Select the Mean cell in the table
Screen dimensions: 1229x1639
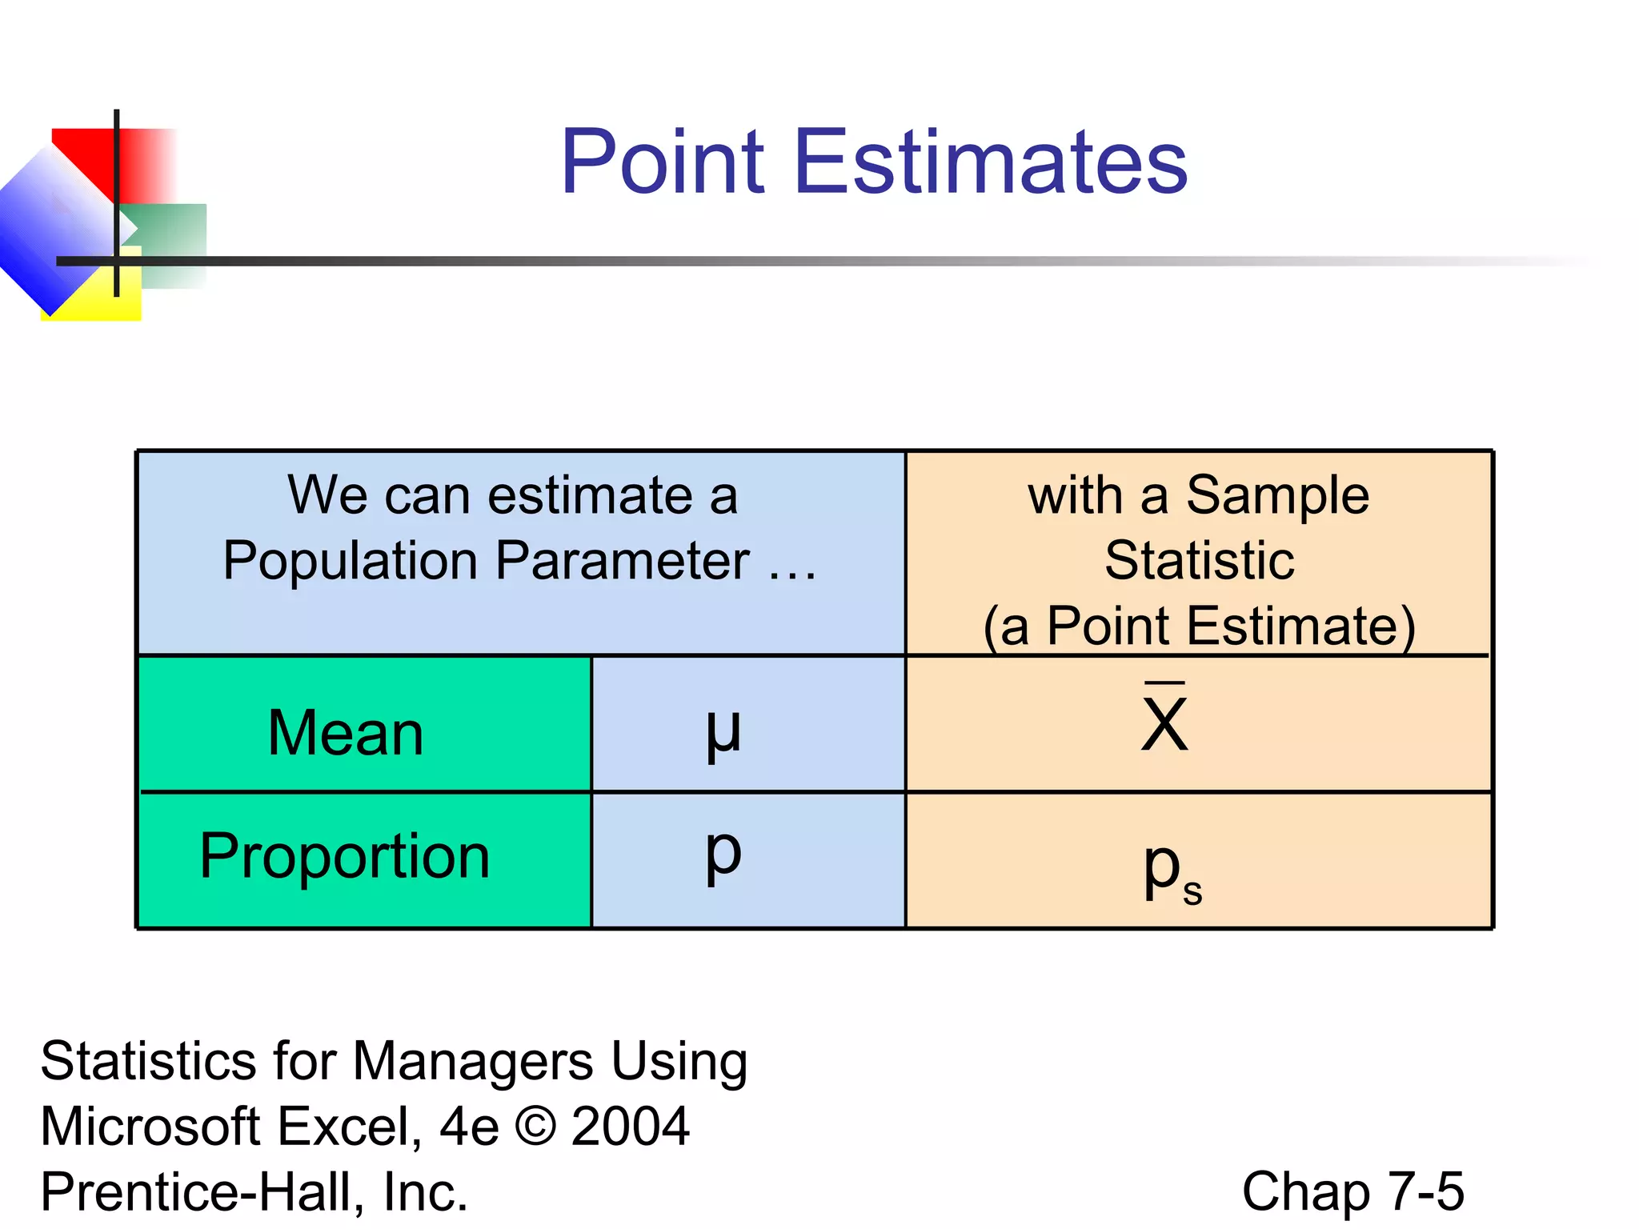(346, 733)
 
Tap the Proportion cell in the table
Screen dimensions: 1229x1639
(345, 856)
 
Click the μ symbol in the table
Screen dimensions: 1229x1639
(723, 731)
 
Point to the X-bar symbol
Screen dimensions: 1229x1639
(1164, 719)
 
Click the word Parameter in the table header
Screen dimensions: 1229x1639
(622, 560)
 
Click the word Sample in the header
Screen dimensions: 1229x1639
(1277, 496)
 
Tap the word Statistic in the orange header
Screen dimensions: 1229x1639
(1199, 560)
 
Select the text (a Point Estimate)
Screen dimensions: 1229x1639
(1199, 626)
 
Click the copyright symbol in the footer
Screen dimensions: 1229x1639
(535, 1126)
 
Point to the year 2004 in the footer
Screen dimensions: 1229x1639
(630, 1126)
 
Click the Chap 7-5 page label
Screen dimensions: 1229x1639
(1352, 1191)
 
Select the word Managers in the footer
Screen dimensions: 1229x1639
(473, 1061)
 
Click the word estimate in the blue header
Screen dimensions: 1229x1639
(591, 495)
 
